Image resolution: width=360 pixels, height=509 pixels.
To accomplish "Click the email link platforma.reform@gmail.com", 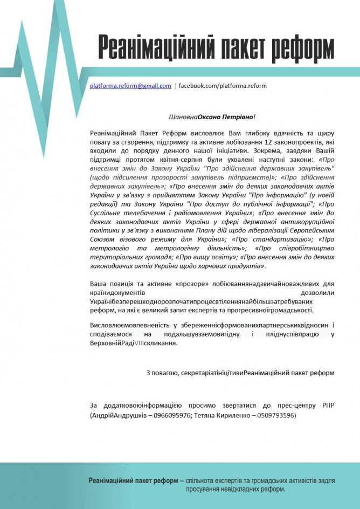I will pos(130,86).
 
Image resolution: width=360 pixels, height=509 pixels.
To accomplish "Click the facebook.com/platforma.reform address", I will pos(223,86).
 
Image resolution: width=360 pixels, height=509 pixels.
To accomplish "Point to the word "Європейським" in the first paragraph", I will pos(310,231).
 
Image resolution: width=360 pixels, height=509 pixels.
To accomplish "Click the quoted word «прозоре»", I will pos(192,283).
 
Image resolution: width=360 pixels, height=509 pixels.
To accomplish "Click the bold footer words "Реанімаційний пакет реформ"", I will pos(133,480).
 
